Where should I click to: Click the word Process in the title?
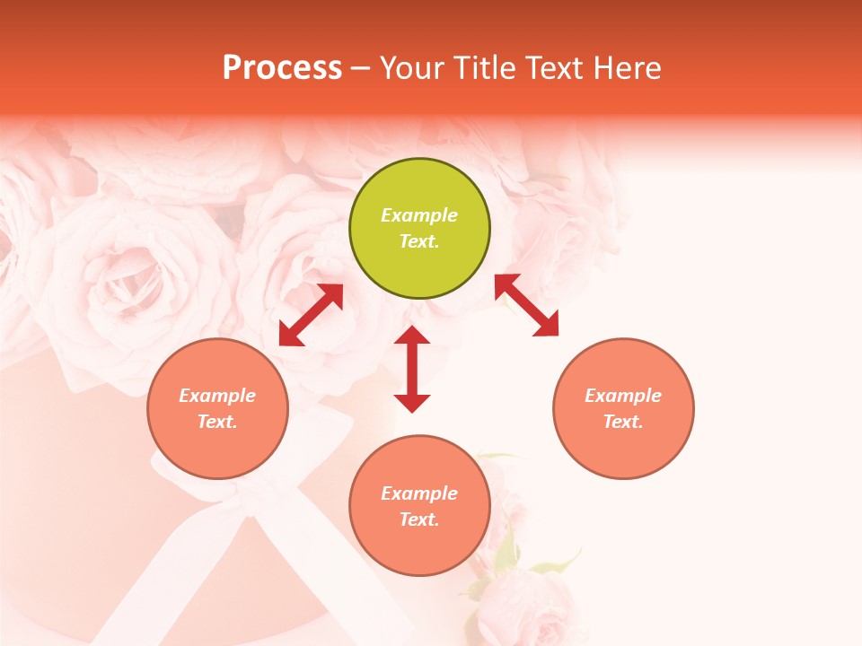coord(282,68)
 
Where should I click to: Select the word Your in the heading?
coord(413,68)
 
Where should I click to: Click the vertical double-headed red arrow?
coord(412,370)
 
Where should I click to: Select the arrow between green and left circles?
coord(311,315)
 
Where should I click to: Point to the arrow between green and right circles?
coord(526,305)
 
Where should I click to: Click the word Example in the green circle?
coord(419,215)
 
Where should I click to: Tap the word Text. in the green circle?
coord(419,241)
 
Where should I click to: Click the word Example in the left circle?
coord(217,396)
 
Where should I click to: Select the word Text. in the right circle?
coord(623,422)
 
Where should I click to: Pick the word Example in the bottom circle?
coord(419,493)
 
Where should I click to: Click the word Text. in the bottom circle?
coord(419,519)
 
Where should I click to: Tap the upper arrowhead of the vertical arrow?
coord(412,336)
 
